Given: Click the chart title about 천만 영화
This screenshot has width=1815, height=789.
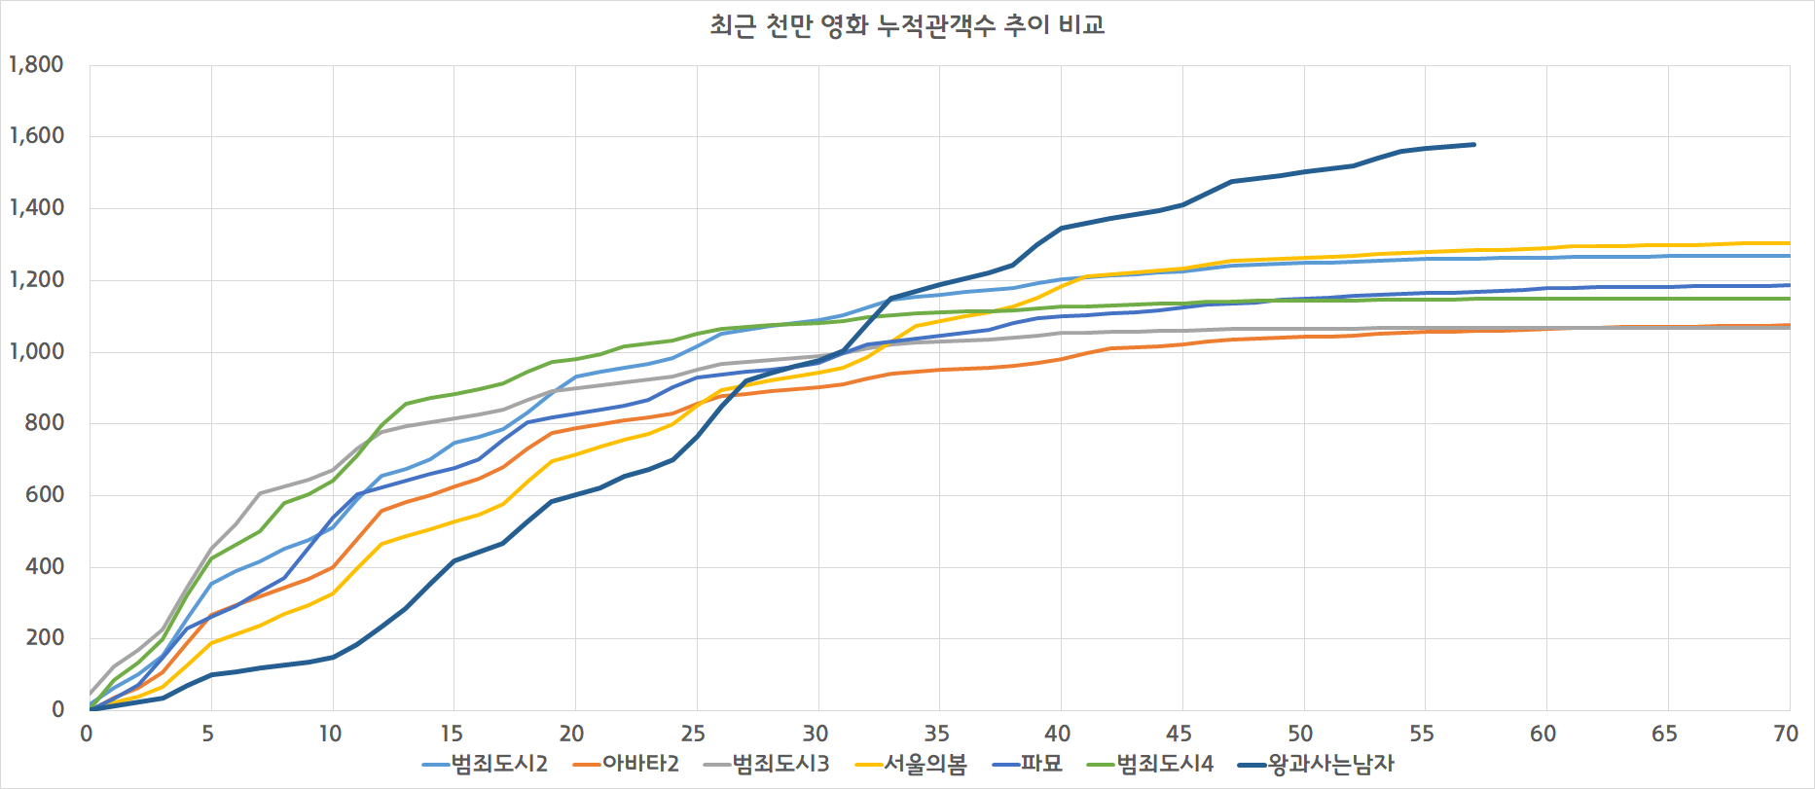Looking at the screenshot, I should (x=907, y=24).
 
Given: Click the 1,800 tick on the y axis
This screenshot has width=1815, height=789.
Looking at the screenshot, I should (x=36, y=65).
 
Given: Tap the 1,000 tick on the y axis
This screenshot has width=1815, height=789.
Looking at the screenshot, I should (x=36, y=351).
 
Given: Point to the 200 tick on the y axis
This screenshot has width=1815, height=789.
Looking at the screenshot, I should (x=44, y=638).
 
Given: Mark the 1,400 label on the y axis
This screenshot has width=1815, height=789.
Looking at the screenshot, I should (x=36, y=208).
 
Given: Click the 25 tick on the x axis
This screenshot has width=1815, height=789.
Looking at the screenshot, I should (x=693, y=734).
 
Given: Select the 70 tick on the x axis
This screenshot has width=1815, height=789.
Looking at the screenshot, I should (x=1785, y=734).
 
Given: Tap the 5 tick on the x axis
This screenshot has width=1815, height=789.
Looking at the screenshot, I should (x=208, y=734).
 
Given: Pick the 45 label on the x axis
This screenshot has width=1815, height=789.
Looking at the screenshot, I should (x=1179, y=734).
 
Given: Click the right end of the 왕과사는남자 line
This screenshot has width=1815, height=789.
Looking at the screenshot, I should (x=1473, y=145).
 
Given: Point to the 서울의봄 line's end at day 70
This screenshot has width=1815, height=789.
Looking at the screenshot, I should (x=1789, y=243).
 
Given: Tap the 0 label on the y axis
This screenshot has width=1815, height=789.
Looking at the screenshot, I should (x=57, y=709).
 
